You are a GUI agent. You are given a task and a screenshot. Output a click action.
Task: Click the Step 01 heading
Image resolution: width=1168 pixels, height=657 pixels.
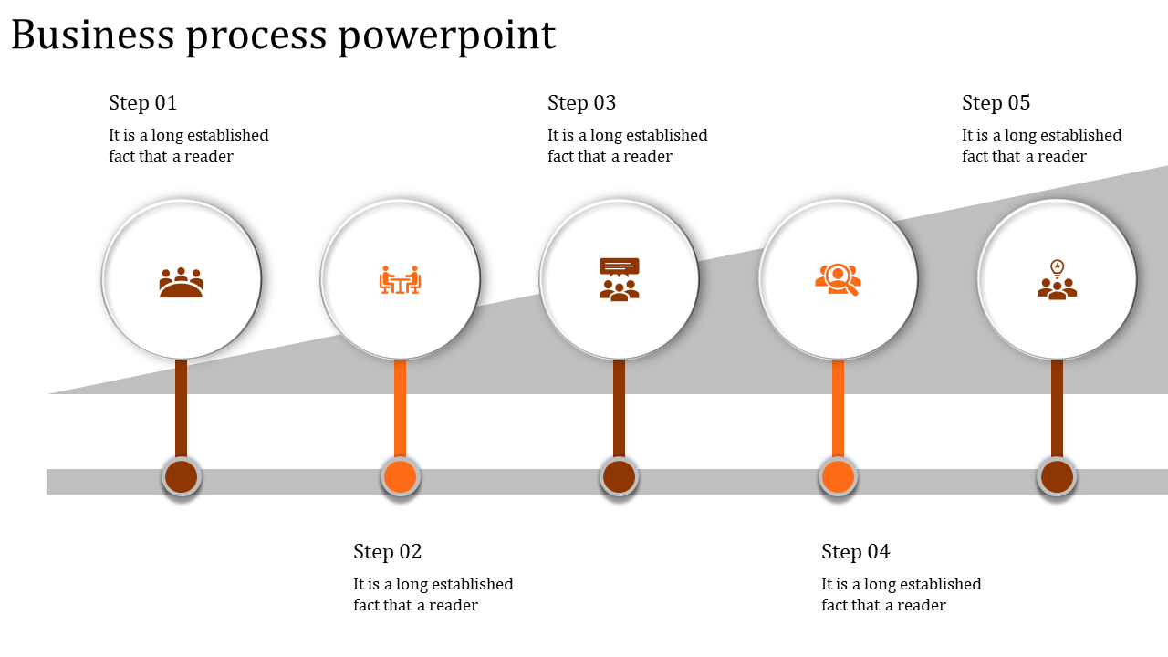click(x=143, y=103)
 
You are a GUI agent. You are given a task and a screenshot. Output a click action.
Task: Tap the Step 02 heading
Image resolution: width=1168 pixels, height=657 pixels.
click(x=388, y=552)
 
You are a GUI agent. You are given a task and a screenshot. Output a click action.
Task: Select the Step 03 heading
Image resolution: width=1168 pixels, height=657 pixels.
click(x=582, y=103)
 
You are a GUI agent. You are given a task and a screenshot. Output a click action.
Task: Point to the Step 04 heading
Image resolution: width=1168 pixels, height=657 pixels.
click(x=856, y=552)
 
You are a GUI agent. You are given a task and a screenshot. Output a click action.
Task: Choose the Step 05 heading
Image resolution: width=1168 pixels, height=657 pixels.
click(x=996, y=103)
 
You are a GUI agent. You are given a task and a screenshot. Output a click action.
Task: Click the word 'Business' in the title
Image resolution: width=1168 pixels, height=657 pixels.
click(x=93, y=36)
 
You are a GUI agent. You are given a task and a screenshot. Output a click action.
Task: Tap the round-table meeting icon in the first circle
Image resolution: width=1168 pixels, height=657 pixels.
click(x=182, y=282)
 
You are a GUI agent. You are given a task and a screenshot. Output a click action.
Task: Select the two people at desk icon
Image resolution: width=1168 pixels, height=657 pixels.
click(x=400, y=280)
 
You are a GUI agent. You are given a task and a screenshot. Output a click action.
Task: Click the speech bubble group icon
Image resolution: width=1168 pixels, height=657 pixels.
click(x=620, y=279)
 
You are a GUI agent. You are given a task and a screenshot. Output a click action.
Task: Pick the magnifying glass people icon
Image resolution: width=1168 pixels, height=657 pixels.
click(x=838, y=279)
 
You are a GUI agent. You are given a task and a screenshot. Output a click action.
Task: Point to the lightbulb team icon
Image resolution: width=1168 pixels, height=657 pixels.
click(x=1058, y=279)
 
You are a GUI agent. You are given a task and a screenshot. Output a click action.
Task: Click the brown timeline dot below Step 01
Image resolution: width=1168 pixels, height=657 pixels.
click(x=182, y=477)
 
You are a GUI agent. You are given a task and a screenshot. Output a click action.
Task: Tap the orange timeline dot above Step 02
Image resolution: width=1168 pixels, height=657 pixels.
click(x=400, y=477)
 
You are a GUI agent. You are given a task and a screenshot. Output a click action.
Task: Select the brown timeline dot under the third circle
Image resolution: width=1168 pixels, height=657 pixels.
click(x=620, y=477)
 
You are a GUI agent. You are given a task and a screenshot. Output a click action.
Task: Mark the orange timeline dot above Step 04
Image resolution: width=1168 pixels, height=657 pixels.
click(x=838, y=477)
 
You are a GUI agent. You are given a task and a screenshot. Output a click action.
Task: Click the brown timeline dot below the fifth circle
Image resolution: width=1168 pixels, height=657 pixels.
click(x=1058, y=477)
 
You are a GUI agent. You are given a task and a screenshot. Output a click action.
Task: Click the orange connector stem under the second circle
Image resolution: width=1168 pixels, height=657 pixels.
click(x=400, y=408)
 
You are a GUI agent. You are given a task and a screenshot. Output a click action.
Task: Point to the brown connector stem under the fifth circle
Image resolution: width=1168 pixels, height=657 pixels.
click(x=1058, y=408)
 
